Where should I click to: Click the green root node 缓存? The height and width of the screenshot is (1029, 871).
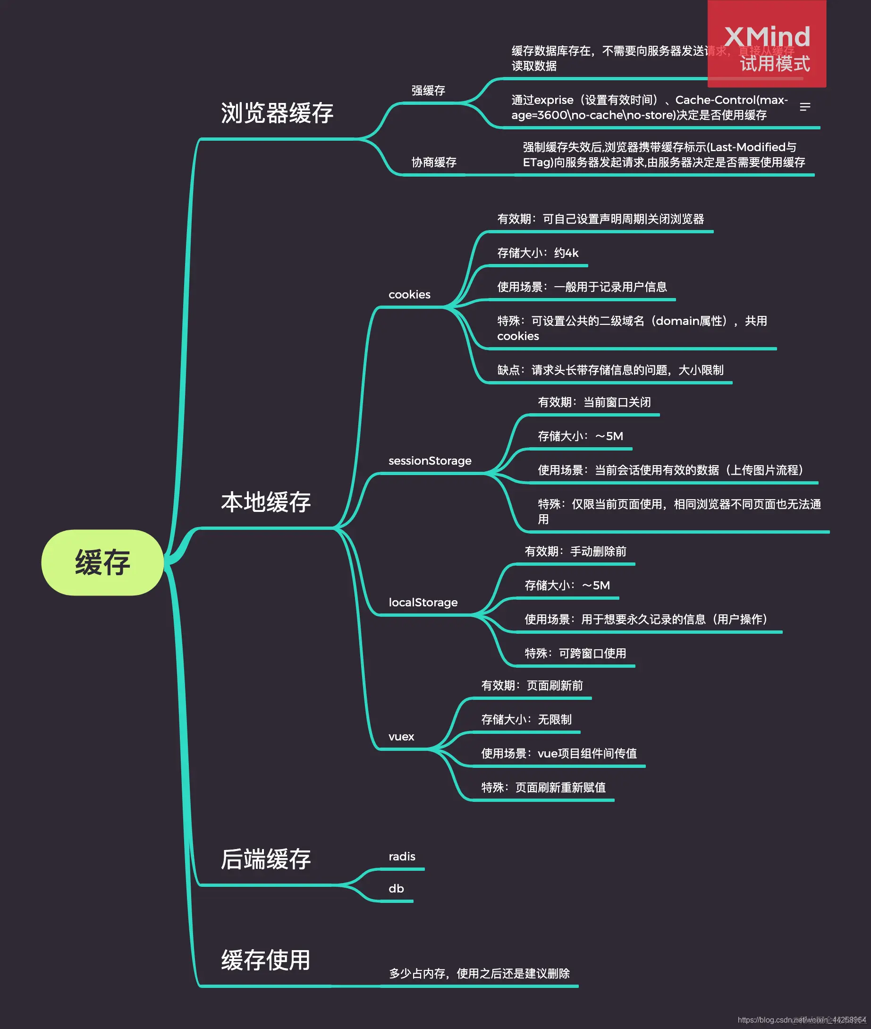[x=102, y=562]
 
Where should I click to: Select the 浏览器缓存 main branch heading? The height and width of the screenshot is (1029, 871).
[x=277, y=113]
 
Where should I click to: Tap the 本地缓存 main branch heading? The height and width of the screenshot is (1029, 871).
[x=266, y=502]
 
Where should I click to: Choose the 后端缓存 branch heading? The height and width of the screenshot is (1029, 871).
[x=266, y=859]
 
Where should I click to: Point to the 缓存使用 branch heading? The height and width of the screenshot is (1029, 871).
[x=266, y=961]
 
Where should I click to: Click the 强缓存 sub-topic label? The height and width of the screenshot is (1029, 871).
[x=428, y=91]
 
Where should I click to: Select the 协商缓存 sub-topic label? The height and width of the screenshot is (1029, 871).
[x=433, y=162]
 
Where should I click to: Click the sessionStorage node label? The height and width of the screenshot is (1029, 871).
[x=430, y=461]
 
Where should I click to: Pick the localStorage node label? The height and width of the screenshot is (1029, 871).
[x=423, y=603]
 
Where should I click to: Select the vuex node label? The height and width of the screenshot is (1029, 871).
[x=401, y=737]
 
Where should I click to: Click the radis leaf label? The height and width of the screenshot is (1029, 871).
[x=401, y=857]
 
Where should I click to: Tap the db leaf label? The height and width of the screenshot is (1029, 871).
[x=396, y=889]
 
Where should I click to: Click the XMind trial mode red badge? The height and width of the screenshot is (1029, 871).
[x=766, y=44]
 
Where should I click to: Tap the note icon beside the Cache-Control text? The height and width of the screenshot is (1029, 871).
[x=805, y=107]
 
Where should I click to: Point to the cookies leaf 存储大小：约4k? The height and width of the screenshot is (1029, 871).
[x=538, y=254]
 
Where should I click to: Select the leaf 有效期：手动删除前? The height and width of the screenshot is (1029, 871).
[x=575, y=552]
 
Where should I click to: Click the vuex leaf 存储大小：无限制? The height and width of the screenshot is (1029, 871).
[x=526, y=720]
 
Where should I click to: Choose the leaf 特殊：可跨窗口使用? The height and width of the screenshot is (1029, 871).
[x=575, y=654]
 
